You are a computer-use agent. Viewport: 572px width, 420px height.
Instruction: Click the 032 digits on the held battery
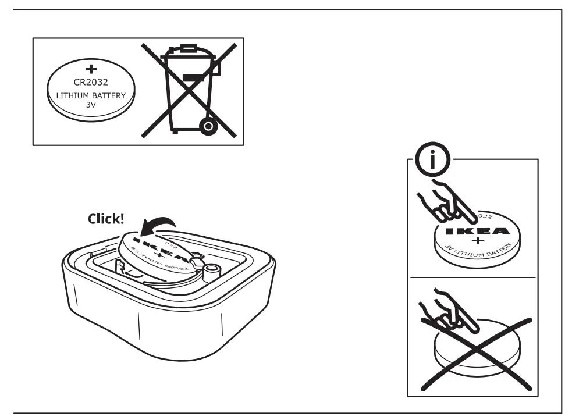485,216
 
